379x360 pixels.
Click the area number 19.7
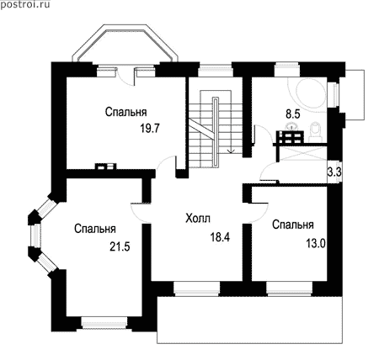point(150,129)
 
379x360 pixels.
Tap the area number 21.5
point(120,246)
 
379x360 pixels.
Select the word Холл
point(198,218)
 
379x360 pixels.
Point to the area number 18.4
point(220,237)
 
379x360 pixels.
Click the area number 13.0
point(316,244)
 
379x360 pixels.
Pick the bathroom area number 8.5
point(293,114)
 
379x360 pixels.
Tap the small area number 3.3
point(334,172)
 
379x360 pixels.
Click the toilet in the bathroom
point(316,132)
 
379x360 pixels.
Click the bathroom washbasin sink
point(292,127)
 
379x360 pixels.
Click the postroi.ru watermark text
point(25,4)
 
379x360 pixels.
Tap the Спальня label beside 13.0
point(293,225)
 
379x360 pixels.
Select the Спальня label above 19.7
point(126,112)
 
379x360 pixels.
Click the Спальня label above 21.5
point(95,229)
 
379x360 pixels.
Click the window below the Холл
point(197,289)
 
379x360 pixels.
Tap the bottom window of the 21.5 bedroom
point(104,323)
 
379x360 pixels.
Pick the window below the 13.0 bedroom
point(290,289)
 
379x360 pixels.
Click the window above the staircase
point(216,71)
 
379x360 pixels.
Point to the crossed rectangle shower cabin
point(303,153)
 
